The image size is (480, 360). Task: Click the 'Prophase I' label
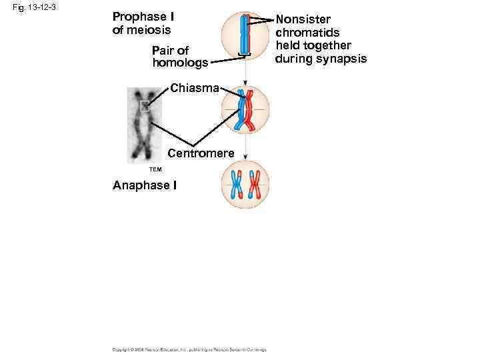(x=143, y=17)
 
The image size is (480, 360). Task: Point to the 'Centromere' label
(x=201, y=154)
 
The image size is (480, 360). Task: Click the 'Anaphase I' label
(x=145, y=185)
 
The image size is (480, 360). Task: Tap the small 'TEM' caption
(x=137, y=169)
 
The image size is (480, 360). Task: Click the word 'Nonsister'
(x=303, y=19)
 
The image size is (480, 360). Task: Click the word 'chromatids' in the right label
(x=307, y=33)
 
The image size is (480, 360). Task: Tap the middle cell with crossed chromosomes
(x=245, y=109)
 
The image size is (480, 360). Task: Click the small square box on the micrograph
(x=145, y=105)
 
